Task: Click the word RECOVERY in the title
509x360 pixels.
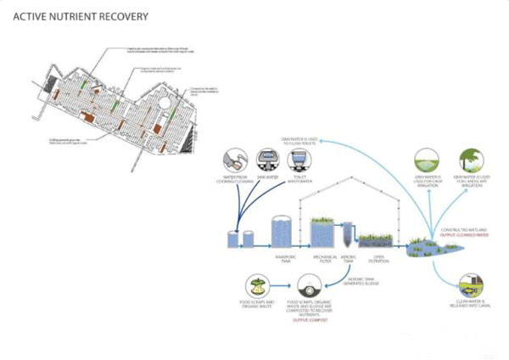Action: (122, 16)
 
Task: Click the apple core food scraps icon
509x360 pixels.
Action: (259, 286)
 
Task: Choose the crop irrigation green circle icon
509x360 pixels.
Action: (427, 160)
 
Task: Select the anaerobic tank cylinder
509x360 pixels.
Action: (282, 231)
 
